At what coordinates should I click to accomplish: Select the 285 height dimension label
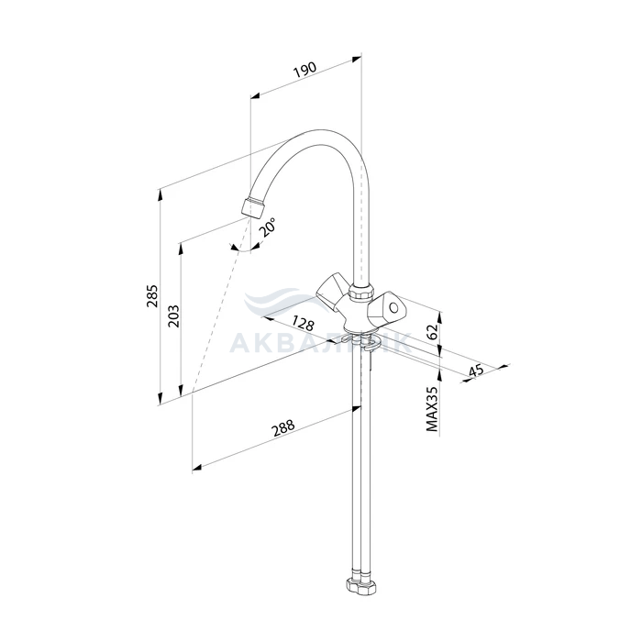pyautogui.click(x=152, y=295)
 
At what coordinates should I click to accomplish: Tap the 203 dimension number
pyautogui.click(x=174, y=315)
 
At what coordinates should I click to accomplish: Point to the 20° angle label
pyautogui.click(x=267, y=228)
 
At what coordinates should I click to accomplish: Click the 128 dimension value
pyautogui.click(x=304, y=324)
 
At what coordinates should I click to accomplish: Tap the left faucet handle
pyautogui.click(x=329, y=292)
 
